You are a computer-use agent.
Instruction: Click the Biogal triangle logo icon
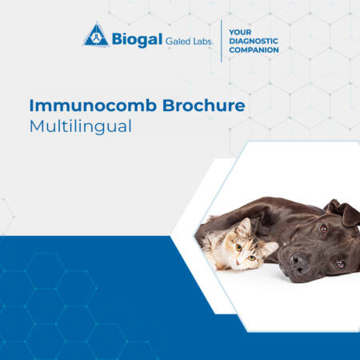[x=96, y=35]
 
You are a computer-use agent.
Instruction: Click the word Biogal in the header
[x=137, y=40]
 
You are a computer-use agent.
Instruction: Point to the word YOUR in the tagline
[x=240, y=32]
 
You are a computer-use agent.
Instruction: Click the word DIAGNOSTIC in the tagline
[x=254, y=41]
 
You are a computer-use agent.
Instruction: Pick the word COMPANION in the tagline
[x=254, y=50]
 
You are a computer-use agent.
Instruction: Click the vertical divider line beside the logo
[x=222, y=41]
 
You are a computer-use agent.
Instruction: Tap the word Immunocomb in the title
[x=93, y=106]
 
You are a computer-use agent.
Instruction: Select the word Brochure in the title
[x=204, y=106]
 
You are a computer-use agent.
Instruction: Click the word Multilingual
[x=81, y=126]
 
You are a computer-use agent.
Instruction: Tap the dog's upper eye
[x=323, y=229]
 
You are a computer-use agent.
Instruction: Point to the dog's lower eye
[x=340, y=264]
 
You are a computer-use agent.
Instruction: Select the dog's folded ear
[x=343, y=212]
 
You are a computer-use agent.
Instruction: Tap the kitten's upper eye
[x=239, y=248]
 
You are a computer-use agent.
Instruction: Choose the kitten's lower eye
[x=251, y=258]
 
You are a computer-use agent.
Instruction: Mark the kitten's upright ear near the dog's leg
[x=245, y=226]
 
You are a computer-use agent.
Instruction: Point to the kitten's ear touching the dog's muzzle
[x=270, y=249]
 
